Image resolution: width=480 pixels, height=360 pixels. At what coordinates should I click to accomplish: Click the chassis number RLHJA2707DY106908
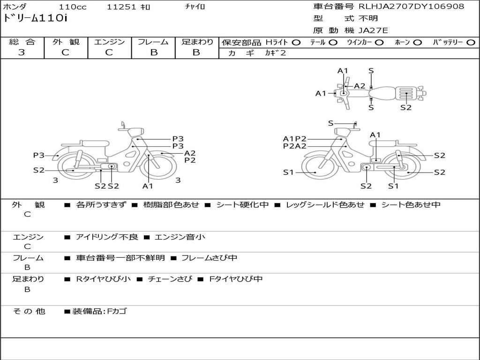point(412,6)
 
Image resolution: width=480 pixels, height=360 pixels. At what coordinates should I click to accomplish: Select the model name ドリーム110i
point(35,18)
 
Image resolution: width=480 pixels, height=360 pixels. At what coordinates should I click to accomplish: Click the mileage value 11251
point(121,7)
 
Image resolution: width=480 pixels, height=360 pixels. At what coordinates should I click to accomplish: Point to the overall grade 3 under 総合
point(22,52)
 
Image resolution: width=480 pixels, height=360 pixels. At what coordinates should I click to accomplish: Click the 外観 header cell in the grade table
point(66,42)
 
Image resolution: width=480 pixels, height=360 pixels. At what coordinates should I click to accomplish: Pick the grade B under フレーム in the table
point(154,52)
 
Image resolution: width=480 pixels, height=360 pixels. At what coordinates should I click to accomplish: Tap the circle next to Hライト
point(296,43)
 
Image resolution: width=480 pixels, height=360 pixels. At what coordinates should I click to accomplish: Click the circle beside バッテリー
point(471,43)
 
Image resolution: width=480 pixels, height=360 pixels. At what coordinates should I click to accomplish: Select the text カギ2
point(275,53)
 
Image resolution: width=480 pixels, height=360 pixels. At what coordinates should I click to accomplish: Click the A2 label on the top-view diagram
point(360,86)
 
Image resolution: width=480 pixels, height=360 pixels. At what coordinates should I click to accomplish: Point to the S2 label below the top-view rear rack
point(406,107)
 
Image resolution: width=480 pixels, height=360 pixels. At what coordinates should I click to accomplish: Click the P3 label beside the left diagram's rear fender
point(39,155)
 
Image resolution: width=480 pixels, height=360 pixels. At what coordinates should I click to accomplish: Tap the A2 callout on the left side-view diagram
point(190,153)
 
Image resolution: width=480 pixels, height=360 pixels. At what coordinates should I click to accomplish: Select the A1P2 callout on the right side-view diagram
point(294,139)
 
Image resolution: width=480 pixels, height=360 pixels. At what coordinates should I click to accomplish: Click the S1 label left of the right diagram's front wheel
point(288,172)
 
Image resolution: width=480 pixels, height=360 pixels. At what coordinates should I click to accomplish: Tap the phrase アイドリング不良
point(107,237)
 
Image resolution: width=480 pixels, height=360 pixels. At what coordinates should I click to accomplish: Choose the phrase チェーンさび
point(170,279)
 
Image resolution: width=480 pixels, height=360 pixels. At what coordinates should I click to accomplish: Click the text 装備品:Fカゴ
point(99,311)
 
